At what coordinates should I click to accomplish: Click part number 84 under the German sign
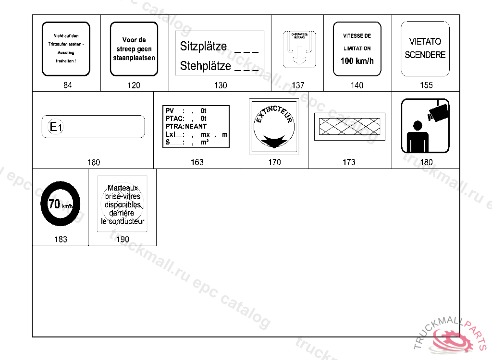[x=68, y=85]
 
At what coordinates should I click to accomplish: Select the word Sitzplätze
[x=203, y=47]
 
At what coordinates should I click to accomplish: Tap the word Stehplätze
[x=205, y=66]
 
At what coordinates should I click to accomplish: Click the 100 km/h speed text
[x=357, y=61]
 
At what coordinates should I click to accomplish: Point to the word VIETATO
[x=425, y=42]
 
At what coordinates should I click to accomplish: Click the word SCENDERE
[x=425, y=55]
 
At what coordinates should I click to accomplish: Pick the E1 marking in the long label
[x=56, y=127]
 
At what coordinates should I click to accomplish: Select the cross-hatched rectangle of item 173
[x=349, y=126]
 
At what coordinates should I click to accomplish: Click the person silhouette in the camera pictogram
[x=417, y=138]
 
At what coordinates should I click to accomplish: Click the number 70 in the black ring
[x=54, y=204]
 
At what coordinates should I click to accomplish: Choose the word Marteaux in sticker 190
[x=123, y=189]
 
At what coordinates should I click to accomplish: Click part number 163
[x=197, y=162]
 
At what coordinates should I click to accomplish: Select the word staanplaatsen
[x=134, y=58]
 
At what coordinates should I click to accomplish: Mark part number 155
[x=426, y=85]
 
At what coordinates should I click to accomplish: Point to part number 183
[x=61, y=239]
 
